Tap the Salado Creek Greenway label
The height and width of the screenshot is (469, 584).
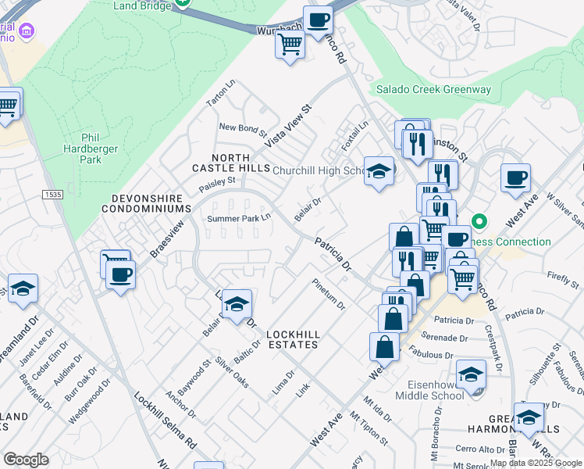433,89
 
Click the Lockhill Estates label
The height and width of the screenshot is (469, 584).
293,338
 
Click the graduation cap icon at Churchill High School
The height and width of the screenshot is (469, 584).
379,172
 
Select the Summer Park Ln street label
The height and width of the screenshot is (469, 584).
238,218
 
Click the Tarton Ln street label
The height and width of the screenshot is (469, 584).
220,93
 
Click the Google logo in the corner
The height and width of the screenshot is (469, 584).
26,460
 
